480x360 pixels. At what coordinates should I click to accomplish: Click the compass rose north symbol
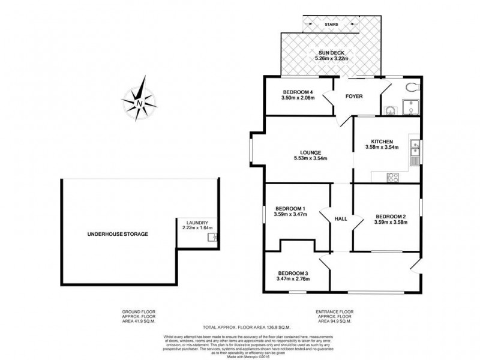[139, 100]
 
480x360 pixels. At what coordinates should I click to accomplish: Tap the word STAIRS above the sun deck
[331, 24]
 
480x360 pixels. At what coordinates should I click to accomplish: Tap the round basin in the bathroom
[390, 110]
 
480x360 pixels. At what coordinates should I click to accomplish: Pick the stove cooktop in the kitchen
[394, 177]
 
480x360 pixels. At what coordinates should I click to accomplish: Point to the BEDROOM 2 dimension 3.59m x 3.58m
[391, 223]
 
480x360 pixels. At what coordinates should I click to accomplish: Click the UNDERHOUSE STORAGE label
[118, 233]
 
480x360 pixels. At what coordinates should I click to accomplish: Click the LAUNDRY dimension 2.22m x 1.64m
[197, 227]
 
